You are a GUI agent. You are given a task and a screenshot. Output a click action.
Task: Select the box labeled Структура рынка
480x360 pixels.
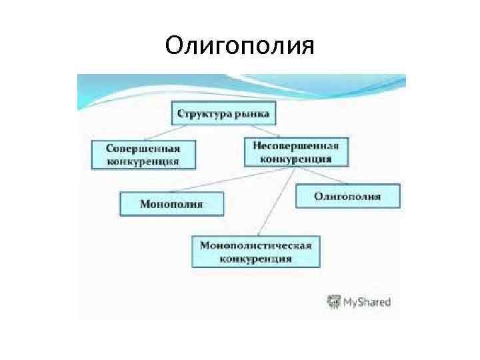click(x=223, y=113)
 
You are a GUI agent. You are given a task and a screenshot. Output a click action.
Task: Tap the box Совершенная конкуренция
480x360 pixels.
click(x=143, y=154)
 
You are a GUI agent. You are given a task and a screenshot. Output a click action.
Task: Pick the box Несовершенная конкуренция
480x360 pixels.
click(x=296, y=152)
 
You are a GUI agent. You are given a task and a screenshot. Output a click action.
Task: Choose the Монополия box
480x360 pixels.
click(x=171, y=203)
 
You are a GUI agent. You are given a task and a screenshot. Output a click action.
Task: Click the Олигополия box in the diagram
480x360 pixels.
click(x=347, y=196)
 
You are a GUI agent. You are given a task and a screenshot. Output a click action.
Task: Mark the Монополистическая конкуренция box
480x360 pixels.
click(x=256, y=251)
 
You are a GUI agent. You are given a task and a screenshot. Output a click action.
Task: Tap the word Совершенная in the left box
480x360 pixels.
click(x=143, y=148)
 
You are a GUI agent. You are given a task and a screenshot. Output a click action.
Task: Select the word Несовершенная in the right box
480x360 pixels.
click(x=296, y=146)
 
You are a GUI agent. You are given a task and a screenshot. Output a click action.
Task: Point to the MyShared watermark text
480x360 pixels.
click(x=367, y=302)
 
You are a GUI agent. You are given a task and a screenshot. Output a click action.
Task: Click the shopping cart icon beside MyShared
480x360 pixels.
click(x=333, y=301)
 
